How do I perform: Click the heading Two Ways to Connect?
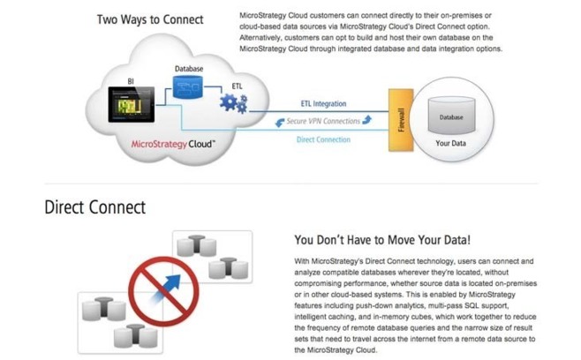tap(150, 19)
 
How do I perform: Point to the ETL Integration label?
tap(323, 104)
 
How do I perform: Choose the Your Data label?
tap(451, 144)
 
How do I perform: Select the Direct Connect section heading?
tap(94, 208)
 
